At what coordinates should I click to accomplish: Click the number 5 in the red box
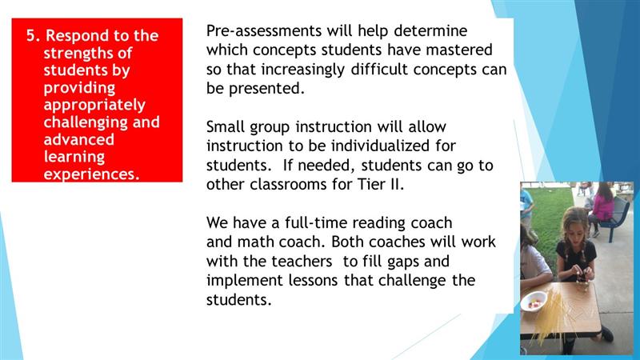point(31,35)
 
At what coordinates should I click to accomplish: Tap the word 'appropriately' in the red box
point(94,106)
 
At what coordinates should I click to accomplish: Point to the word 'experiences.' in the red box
point(91,174)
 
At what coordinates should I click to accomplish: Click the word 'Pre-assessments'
point(264,30)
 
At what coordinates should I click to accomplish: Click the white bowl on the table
point(534,301)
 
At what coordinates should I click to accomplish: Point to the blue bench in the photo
point(613,218)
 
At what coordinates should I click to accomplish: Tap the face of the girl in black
point(573,229)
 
